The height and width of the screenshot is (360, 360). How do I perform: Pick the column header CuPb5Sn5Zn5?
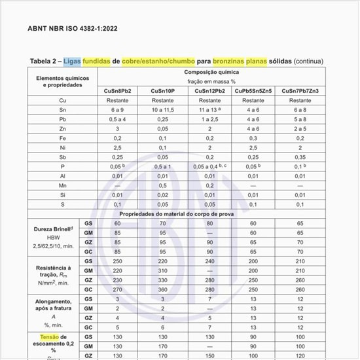coord(254,90)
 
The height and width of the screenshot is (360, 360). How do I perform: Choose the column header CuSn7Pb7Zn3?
coord(300,90)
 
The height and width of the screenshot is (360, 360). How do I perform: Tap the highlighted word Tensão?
coord(44,336)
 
